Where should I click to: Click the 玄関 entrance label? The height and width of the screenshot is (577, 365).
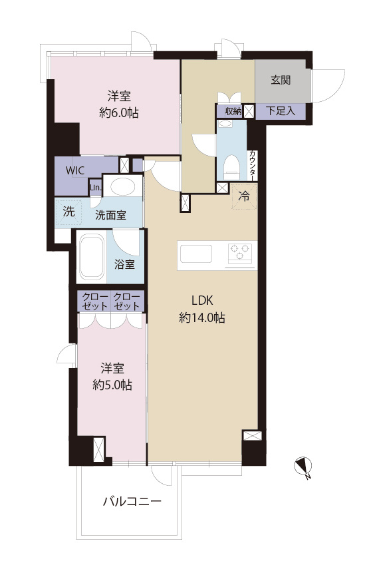(x=281, y=80)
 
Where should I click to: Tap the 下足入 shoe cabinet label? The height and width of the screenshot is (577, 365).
(x=281, y=110)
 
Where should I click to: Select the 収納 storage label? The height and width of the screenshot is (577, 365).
(x=233, y=111)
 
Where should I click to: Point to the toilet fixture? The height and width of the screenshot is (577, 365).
(x=231, y=167)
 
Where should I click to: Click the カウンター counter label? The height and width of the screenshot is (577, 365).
(x=253, y=165)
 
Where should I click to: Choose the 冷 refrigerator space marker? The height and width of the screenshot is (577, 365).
(x=244, y=196)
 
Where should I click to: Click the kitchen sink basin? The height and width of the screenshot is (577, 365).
(x=196, y=254)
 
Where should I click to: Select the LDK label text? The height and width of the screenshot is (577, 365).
(x=202, y=300)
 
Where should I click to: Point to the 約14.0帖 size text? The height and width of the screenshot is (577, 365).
(x=202, y=317)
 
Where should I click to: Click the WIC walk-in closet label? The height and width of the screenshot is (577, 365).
(x=75, y=170)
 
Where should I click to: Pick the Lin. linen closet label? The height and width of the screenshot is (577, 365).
(x=96, y=188)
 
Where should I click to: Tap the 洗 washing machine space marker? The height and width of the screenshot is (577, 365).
(x=68, y=212)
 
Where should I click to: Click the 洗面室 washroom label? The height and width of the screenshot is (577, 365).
(x=110, y=215)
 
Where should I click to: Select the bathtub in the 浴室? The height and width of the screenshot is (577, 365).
(x=92, y=256)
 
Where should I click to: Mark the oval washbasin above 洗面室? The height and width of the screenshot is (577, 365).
(x=123, y=186)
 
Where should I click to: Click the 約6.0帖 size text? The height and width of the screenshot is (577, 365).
(x=119, y=112)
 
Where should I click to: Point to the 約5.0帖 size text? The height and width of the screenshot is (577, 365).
(x=112, y=385)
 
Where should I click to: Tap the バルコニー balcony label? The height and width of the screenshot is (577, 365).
(x=132, y=502)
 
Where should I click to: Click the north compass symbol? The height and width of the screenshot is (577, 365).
(x=304, y=467)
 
